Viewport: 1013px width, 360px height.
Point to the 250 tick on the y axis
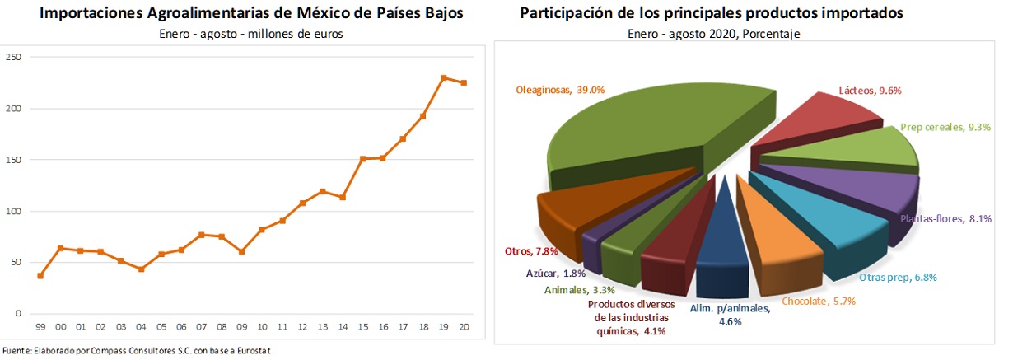13,57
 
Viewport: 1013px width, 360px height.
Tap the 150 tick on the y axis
13,160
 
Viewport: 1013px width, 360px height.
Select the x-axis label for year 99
40,327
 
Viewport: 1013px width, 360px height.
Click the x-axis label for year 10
263,327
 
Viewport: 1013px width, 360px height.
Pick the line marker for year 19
444,78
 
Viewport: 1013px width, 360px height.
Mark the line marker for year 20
464,83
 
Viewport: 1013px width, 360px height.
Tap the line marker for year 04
141,269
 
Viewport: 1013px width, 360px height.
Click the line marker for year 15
363,158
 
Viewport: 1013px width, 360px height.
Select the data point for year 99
40,276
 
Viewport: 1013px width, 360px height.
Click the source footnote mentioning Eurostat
137,351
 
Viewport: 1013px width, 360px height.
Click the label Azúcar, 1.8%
554,273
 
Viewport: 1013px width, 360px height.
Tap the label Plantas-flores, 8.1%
943,219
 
